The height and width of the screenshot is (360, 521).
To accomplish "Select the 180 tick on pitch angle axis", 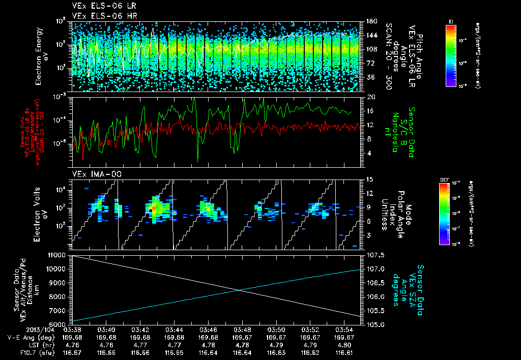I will [371, 21].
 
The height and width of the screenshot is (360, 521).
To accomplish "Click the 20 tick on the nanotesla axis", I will [371, 97].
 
